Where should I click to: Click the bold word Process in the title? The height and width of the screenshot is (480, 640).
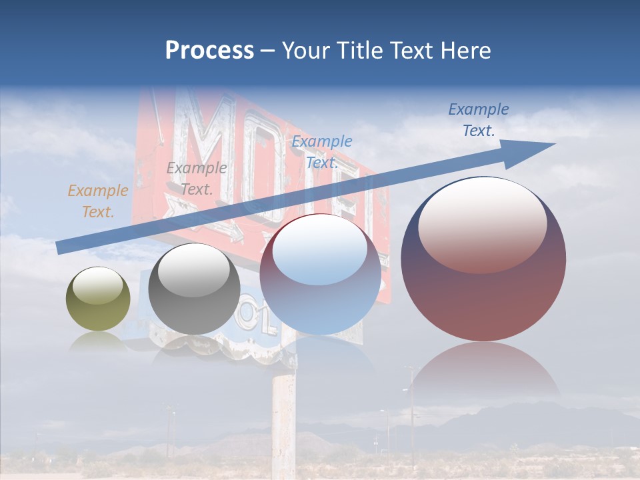click(209, 50)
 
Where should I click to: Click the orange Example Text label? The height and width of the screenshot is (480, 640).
click(98, 201)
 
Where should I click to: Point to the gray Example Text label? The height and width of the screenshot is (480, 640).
click(196, 179)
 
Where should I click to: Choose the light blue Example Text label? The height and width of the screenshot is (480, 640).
click(322, 151)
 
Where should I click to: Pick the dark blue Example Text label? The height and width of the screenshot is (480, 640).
click(478, 120)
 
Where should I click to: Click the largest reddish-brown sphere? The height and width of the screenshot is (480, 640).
click(483, 293)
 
